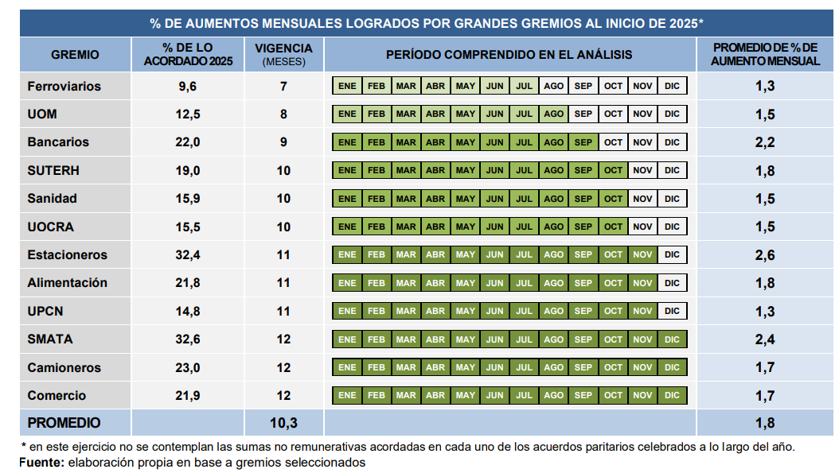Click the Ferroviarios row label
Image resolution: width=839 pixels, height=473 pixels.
pos(64,86)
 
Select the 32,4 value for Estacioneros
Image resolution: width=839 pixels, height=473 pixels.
pos(187,255)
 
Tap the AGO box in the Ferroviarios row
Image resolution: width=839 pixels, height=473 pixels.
pos(553,86)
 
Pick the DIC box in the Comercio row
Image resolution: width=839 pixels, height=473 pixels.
pos(672,395)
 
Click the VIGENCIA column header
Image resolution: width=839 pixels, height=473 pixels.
pos(283,54)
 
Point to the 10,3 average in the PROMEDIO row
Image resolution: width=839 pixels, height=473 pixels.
pos(283,423)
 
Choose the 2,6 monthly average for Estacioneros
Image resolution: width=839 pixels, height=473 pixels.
pos(765,255)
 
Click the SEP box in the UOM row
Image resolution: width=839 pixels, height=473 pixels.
pos(583,114)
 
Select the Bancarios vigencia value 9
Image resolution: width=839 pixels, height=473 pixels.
pos(283,142)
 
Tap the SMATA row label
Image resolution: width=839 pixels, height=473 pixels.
pos(49,339)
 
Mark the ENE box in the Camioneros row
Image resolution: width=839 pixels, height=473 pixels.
pos(347,367)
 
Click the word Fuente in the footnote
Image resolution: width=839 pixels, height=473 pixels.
pos(41,462)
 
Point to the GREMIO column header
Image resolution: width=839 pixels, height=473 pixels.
pos(75,55)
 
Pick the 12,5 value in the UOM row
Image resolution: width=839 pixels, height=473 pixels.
pos(187,114)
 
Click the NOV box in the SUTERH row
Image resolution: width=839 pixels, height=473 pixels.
pos(642,170)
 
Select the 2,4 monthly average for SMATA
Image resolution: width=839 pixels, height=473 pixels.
pos(765,339)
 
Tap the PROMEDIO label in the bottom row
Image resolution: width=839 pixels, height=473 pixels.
pos(64,423)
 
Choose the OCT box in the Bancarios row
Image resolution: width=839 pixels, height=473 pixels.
pos(613,142)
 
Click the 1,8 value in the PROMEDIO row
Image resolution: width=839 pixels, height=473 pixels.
pos(765,423)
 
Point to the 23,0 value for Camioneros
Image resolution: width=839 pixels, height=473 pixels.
pos(187,367)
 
